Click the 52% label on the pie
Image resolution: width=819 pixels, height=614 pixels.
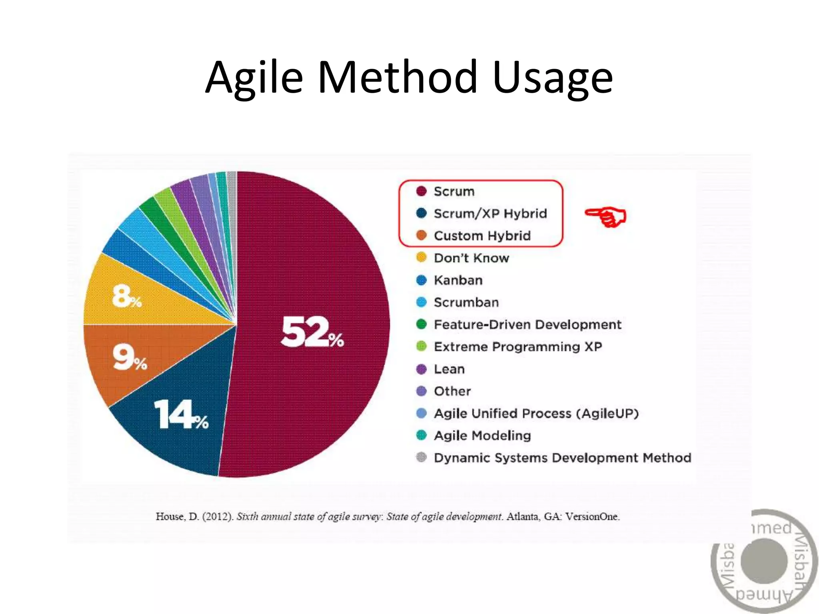312,332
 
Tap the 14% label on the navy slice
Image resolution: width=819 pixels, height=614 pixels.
181,415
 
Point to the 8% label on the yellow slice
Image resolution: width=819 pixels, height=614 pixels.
127,296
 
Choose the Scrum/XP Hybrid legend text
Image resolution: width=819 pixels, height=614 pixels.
490,213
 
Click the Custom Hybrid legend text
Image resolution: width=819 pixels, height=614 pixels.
482,236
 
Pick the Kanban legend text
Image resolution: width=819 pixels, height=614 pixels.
458,280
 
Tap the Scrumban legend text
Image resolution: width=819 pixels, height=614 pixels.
466,302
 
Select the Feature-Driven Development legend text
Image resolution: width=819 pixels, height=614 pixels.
527,325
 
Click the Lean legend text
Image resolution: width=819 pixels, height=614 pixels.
449,369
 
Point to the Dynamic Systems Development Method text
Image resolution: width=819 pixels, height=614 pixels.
562,458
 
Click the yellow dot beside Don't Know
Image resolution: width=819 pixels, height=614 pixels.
421,257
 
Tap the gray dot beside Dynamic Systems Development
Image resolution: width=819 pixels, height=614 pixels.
421,457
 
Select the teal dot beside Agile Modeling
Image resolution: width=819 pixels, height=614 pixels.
421,435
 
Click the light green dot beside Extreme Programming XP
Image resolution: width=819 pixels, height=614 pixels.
421,346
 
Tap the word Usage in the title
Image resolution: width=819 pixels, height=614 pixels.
553,78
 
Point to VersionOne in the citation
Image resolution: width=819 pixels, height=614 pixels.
592,516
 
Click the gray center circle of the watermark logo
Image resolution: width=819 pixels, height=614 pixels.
764,561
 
